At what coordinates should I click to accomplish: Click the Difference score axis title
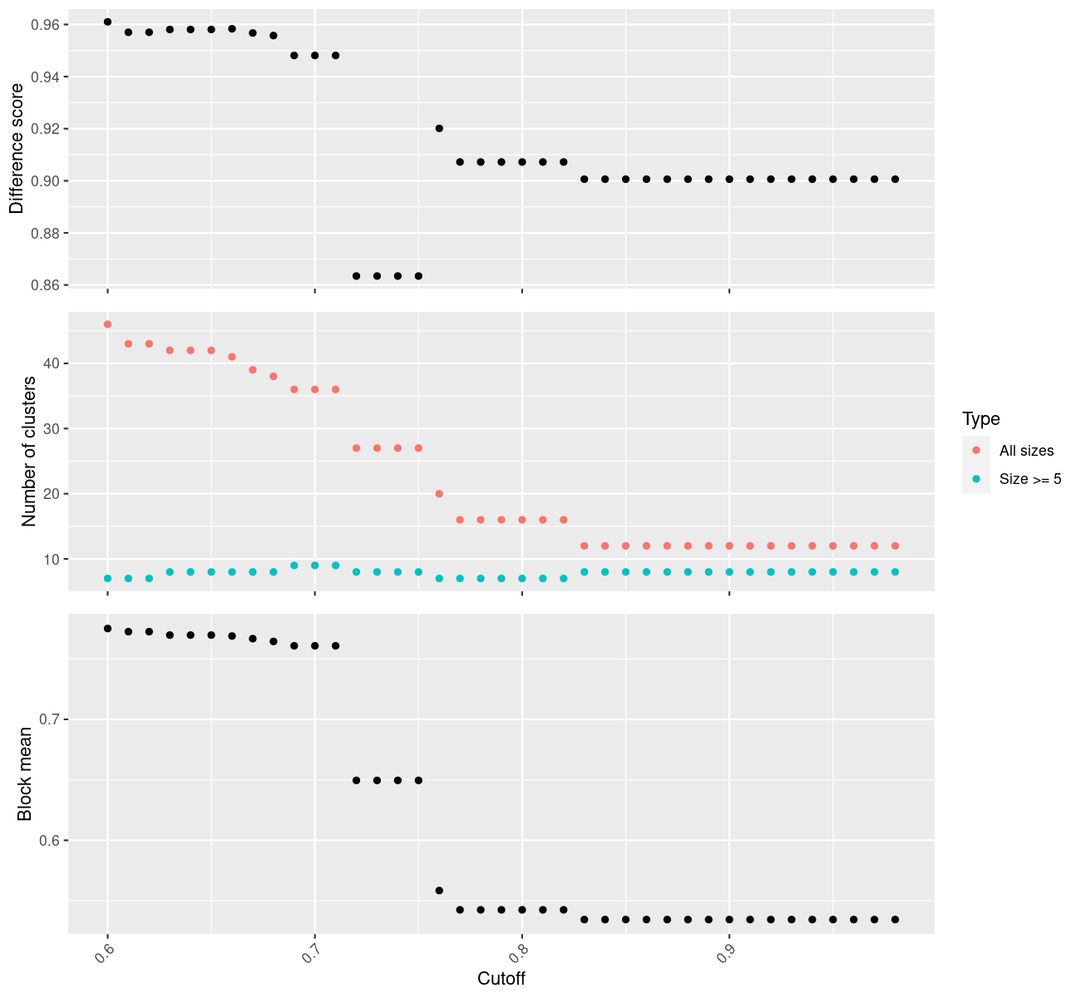[x=17, y=148]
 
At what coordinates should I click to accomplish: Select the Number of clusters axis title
[x=28, y=452]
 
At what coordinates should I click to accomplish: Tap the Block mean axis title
[x=25, y=773]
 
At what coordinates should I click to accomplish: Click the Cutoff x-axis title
[x=501, y=978]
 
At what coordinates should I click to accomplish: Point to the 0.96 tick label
[x=46, y=25]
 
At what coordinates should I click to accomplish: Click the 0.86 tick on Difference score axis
[x=46, y=285]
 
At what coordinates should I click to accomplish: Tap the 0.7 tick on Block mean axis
[x=49, y=719]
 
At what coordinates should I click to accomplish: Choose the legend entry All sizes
[x=1026, y=451]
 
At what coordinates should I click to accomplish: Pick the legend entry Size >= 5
[x=1030, y=479]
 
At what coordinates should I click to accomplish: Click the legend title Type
[x=980, y=418]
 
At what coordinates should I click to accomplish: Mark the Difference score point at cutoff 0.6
[x=107, y=22]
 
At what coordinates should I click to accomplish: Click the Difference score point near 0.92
[x=439, y=128]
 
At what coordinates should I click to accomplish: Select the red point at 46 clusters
[x=107, y=324]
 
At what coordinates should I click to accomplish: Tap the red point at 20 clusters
[x=439, y=494]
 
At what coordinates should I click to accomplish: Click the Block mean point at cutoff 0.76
[x=439, y=891]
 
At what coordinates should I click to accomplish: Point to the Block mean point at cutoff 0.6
[x=107, y=629]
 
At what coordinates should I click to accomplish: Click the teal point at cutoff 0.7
[x=314, y=566]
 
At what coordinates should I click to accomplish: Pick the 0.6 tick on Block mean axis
[x=49, y=840]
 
